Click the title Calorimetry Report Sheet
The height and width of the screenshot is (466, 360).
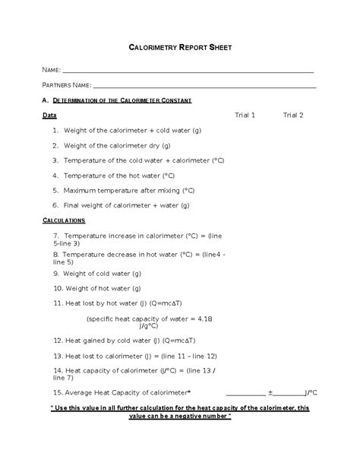tap(180, 48)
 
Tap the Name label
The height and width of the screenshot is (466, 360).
tap(52, 70)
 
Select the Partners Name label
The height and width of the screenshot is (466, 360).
tap(67, 85)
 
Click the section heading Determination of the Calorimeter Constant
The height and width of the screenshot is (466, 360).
tap(122, 100)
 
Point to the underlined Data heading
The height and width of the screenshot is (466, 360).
tap(49, 116)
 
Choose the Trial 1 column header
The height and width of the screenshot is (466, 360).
tap(245, 116)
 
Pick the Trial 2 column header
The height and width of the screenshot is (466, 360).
tap(293, 116)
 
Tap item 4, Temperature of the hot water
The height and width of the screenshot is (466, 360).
tap(125, 176)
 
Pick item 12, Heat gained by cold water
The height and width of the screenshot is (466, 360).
tap(125, 341)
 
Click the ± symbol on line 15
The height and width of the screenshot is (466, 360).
tap(270, 393)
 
